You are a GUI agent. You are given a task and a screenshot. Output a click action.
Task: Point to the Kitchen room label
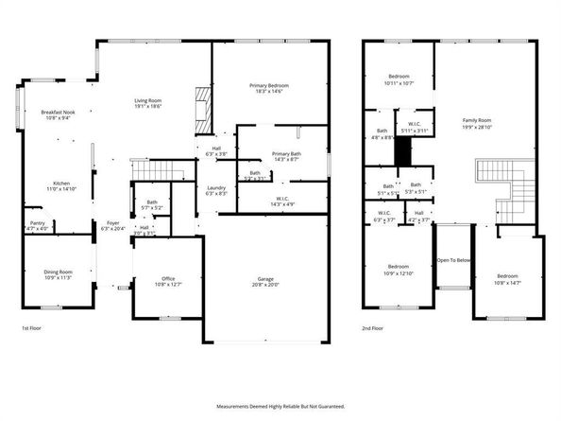tap(61, 185)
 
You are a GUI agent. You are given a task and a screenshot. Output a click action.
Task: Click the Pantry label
tap(37, 225)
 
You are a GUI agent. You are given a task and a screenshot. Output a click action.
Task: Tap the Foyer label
tap(112, 225)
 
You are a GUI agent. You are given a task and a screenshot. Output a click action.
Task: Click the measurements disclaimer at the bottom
tap(280, 406)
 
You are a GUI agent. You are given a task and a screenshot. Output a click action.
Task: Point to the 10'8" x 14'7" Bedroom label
tap(507, 279)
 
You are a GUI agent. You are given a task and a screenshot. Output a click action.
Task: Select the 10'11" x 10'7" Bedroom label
tap(398, 81)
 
